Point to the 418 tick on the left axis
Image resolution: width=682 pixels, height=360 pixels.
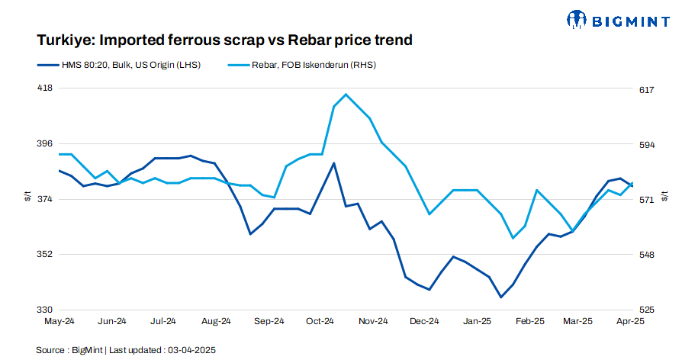click(x=45, y=88)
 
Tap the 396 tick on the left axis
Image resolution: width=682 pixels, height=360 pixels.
click(x=45, y=143)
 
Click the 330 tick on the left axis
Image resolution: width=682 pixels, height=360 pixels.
click(x=45, y=310)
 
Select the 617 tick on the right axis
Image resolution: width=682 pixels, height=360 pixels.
click(x=646, y=90)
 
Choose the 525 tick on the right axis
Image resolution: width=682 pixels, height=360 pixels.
click(x=646, y=310)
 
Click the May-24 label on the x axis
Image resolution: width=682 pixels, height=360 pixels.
click(x=59, y=322)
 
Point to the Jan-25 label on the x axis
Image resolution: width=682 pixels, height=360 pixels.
click(x=478, y=322)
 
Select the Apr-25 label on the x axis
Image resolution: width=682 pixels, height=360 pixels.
click(x=630, y=322)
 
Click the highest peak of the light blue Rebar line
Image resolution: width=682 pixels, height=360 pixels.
click(x=346, y=95)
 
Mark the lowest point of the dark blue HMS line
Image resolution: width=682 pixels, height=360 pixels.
click(x=500, y=297)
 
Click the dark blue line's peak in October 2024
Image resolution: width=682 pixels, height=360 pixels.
click(x=333, y=162)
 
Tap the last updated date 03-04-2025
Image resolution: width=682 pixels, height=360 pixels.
click(x=189, y=350)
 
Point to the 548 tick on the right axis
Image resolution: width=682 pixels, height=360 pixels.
click(x=646, y=255)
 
